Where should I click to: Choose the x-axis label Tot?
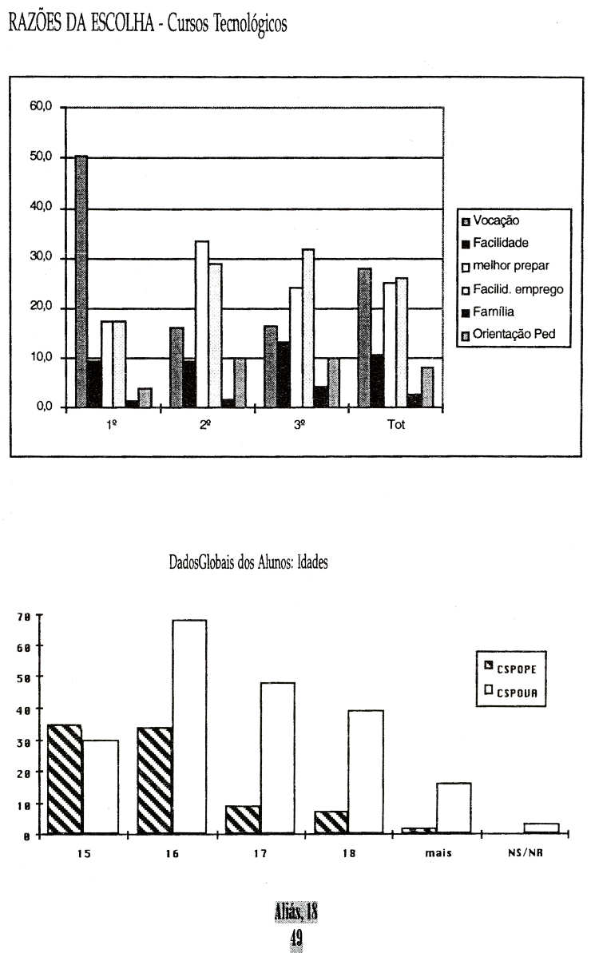click(396, 425)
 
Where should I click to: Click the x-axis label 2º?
click(205, 425)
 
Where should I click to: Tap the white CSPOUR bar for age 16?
click(188, 727)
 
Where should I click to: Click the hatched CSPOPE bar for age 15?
click(64, 779)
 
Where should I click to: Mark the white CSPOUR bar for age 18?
click(366, 772)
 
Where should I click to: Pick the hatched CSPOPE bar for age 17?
click(242, 820)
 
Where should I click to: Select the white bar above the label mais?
click(454, 808)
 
